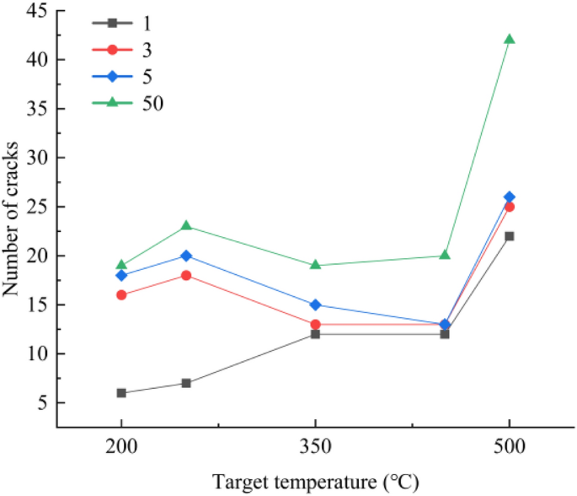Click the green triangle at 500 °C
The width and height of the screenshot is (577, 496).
click(509, 40)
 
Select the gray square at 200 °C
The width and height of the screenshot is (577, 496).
click(121, 393)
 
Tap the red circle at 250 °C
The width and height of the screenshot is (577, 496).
click(186, 275)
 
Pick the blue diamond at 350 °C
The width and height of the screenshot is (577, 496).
click(315, 305)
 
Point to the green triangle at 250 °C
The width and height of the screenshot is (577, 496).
click(186, 226)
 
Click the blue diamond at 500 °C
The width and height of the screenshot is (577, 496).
click(509, 197)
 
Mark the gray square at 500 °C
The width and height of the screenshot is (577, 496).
click(509, 236)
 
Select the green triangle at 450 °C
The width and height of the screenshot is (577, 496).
click(445, 255)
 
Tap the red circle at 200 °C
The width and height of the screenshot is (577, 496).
click(121, 295)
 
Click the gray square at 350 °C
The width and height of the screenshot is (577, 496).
click(315, 334)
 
